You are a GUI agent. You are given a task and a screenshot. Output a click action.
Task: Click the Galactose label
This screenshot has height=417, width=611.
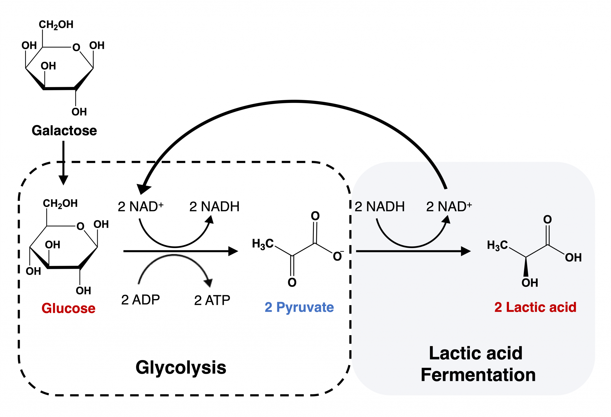click(x=64, y=131)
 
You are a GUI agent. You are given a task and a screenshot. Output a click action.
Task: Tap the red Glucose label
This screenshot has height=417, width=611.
click(x=68, y=308)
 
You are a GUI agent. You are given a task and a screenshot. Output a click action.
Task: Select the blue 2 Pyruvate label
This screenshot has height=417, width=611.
click(x=299, y=307)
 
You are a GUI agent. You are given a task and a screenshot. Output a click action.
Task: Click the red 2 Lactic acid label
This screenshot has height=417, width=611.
click(x=535, y=307)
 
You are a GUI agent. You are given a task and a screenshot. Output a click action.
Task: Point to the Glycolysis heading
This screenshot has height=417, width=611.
click(x=181, y=367)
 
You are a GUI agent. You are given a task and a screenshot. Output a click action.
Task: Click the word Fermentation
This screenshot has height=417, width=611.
click(x=478, y=375)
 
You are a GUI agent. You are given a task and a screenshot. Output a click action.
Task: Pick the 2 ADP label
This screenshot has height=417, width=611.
click(x=141, y=300)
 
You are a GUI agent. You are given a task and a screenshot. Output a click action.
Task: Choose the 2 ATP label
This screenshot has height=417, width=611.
click(x=212, y=300)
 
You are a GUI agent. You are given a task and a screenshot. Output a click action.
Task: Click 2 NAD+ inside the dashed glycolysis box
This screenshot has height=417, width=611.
click(x=141, y=207)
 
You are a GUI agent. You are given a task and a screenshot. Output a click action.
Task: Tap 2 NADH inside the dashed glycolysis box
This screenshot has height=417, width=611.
click(x=214, y=207)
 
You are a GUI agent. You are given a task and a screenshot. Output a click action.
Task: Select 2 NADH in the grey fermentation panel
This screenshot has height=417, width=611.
click(x=379, y=207)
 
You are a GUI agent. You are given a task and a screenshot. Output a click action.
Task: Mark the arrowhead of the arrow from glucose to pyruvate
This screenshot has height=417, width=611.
click(x=233, y=251)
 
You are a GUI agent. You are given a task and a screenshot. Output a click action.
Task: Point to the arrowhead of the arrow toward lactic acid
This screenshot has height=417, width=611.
click(x=466, y=251)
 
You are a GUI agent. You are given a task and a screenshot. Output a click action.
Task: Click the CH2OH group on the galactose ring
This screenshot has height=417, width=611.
click(x=56, y=24)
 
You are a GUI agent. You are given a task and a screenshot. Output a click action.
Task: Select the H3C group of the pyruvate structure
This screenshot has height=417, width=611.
click(x=263, y=244)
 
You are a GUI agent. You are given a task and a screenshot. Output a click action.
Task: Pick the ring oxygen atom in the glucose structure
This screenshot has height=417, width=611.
click(x=80, y=226)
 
